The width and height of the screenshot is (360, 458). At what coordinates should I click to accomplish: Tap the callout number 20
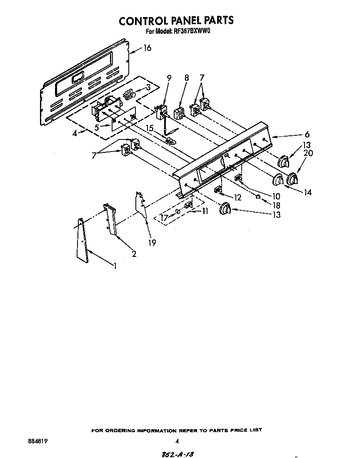coord(308,153)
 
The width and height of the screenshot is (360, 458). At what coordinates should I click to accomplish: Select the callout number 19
coord(152,243)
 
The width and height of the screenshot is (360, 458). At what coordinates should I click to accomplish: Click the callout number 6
coord(307,134)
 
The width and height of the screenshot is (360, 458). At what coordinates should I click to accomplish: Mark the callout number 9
coord(169,77)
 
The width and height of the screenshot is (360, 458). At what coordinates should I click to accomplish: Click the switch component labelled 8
coord(179,113)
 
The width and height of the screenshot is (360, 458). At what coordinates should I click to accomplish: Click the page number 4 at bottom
coord(177,441)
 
